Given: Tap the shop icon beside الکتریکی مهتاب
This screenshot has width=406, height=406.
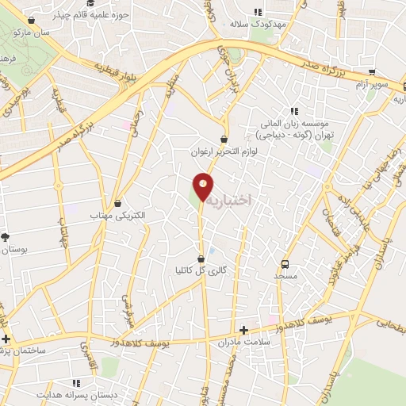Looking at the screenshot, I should coord(118,203).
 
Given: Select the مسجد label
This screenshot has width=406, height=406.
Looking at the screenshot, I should coord(285,275).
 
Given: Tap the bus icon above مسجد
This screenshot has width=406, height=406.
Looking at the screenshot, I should coord(285,264).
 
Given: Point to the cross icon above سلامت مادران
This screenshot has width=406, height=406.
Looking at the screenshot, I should coord(243,330).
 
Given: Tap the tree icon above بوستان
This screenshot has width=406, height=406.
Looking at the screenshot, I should coord(6,236).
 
